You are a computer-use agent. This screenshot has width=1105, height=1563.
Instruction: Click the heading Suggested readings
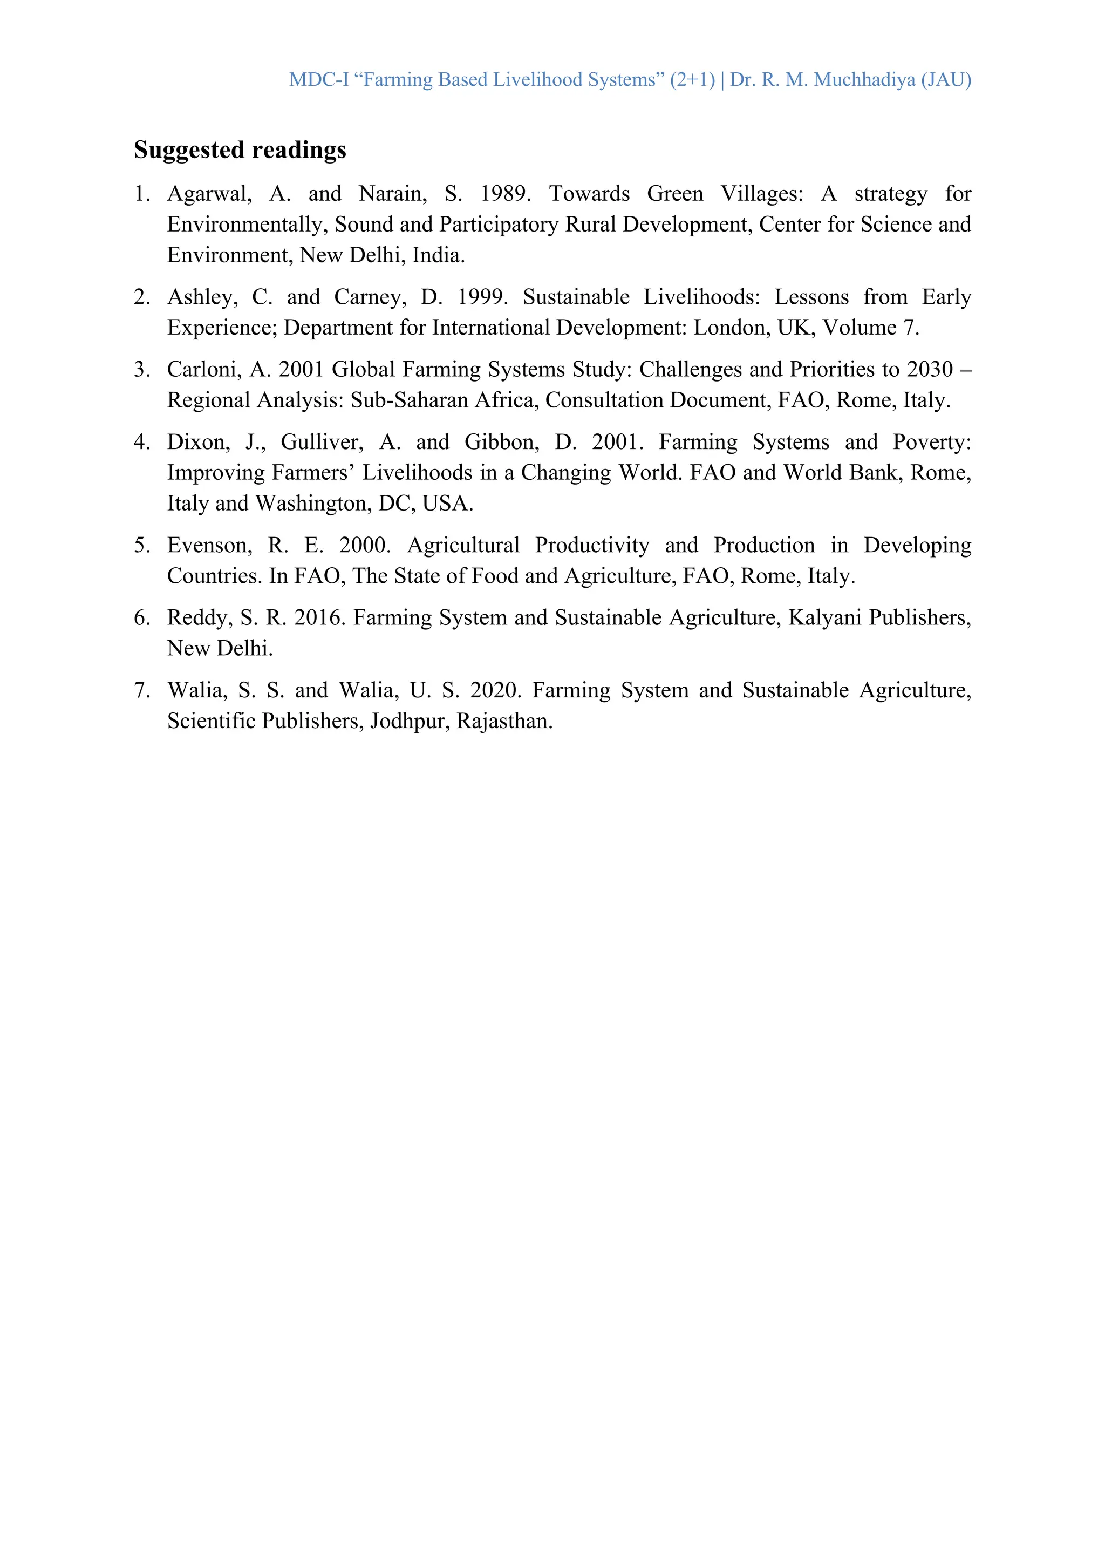[x=240, y=149]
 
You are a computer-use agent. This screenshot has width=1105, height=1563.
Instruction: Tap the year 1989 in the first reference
[x=504, y=194]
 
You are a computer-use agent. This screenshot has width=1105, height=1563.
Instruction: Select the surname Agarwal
[x=209, y=194]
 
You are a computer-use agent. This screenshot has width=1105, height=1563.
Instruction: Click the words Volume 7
[x=870, y=328]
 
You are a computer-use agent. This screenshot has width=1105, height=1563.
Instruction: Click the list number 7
[x=141, y=690]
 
